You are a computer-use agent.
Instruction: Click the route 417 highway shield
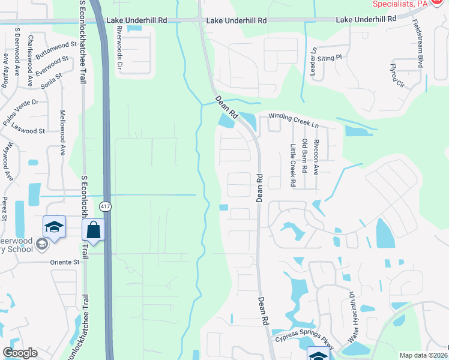pos(105,206)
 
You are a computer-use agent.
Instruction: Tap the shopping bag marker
pos(94,230)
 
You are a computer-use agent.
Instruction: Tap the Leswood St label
pos(32,131)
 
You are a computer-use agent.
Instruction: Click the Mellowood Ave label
pos(62,133)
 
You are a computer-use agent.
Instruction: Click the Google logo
pos(20,353)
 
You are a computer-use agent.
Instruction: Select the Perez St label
pos(4,208)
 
